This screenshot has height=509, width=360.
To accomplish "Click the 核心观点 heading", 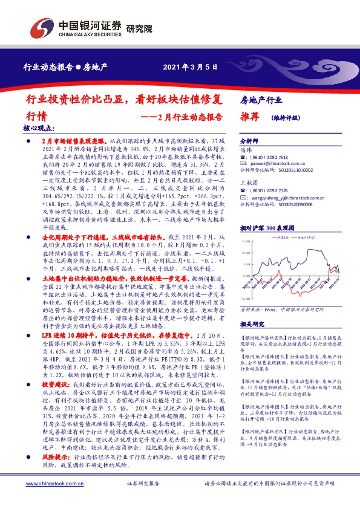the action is [39, 129].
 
